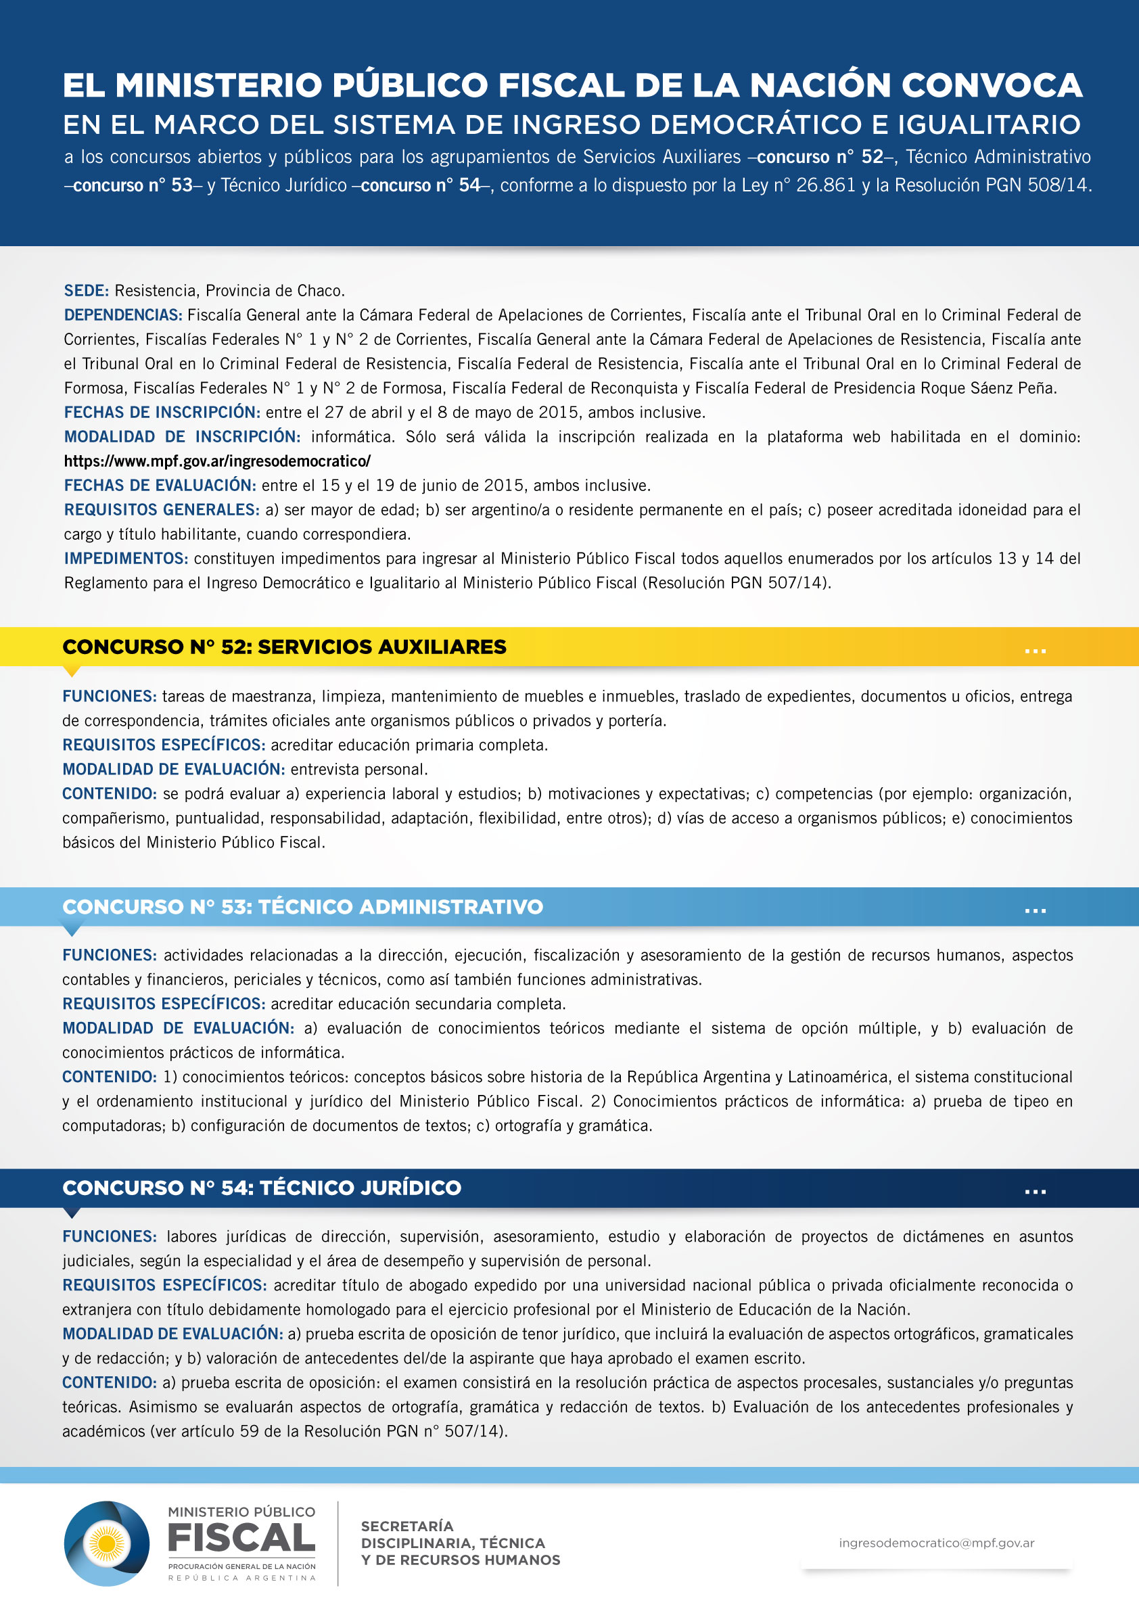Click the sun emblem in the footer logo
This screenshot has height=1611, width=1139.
(x=108, y=1543)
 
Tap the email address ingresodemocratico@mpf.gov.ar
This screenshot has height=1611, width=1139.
(x=936, y=1543)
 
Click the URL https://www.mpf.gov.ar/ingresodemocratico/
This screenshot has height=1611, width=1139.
(x=217, y=461)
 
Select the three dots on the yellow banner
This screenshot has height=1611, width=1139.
(x=1035, y=651)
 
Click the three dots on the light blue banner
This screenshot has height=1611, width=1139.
(x=1035, y=911)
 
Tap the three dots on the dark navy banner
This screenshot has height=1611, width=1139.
(x=1035, y=1192)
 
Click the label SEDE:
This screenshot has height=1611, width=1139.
(x=87, y=291)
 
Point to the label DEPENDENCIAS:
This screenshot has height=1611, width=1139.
(x=123, y=315)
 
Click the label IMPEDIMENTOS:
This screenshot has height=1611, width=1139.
(x=126, y=559)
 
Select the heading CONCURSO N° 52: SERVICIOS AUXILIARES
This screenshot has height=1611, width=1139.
(x=284, y=647)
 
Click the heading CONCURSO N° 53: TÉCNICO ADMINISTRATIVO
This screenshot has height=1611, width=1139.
(x=302, y=906)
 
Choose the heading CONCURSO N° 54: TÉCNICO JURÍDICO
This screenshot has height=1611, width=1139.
(x=262, y=1187)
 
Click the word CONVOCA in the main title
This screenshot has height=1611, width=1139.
(x=992, y=86)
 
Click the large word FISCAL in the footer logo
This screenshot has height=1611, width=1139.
(x=241, y=1539)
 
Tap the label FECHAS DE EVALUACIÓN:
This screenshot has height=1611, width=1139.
(x=160, y=486)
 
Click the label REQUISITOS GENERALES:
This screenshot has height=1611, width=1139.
(x=162, y=510)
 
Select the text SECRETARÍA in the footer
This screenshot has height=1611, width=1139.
(x=407, y=1526)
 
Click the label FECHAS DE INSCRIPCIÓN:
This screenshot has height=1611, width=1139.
(x=162, y=413)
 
